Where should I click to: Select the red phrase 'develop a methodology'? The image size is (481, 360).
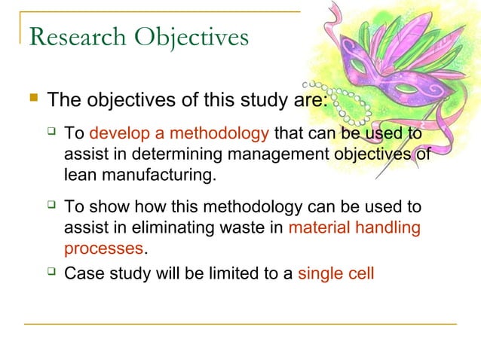(x=179, y=135)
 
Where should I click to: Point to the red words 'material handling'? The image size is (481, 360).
(x=354, y=227)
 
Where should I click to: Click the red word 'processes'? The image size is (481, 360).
(x=103, y=247)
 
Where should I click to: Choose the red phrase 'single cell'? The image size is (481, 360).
(x=335, y=273)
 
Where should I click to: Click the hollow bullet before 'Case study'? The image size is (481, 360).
(x=51, y=272)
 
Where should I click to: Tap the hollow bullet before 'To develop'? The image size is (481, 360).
(x=51, y=134)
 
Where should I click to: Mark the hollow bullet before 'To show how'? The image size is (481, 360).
(x=51, y=206)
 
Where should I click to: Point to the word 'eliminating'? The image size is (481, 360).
(x=164, y=227)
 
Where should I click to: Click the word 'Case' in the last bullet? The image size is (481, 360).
(x=83, y=273)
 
